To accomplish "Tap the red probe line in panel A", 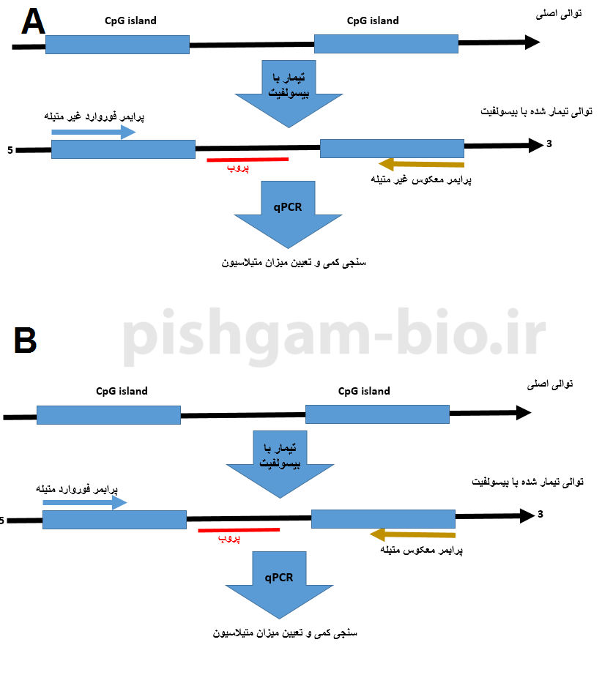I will [248, 159].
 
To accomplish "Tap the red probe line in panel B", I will [239, 529].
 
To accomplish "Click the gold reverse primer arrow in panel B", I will [413, 534].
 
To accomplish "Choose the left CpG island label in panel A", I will [130, 20].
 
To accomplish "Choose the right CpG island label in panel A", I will [373, 20].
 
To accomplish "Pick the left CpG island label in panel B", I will [122, 391].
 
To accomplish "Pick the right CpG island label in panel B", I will [364, 391].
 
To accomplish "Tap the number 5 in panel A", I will [10, 151].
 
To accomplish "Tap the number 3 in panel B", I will [540, 514].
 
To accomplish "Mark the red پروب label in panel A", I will [237, 169].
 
